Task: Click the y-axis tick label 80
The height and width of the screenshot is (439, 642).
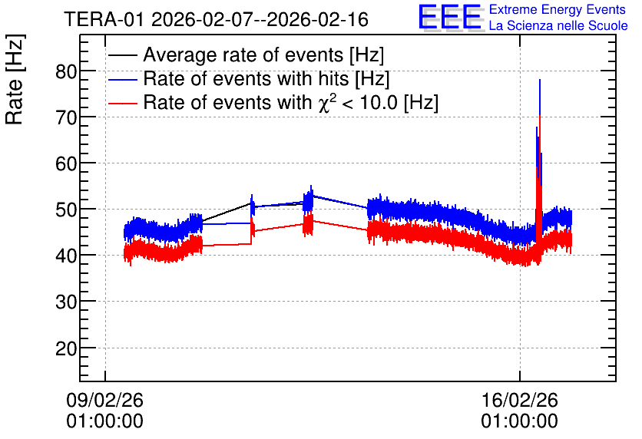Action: pos(66,71)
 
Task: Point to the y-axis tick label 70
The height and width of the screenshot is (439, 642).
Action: pos(66,118)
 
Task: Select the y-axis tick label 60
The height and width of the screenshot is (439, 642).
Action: pos(66,164)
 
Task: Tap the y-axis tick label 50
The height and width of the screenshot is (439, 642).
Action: pos(66,210)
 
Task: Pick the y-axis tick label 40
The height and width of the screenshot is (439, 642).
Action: pos(66,256)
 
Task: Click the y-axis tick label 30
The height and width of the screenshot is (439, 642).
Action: pos(66,302)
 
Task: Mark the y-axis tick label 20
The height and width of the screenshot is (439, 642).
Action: pos(66,348)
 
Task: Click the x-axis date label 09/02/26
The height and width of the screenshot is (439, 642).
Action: pos(104,400)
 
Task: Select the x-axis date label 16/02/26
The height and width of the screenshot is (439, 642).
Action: pos(520,400)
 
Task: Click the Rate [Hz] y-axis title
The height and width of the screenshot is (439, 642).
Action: pos(15,79)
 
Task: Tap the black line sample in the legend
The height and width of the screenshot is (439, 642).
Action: pos(122,55)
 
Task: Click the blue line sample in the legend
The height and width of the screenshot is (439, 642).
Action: pos(122,79)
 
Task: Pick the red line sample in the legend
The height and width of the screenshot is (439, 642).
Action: pos(122,103)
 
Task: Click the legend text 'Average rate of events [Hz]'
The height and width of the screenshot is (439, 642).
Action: pos(263,55)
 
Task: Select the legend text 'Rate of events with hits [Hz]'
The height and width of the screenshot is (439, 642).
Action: pos(266,79)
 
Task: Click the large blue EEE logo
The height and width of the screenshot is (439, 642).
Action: pos(449,17)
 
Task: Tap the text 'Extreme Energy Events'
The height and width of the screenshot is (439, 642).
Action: pos(558,9)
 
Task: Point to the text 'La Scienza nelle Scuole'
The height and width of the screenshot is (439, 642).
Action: pos(558,25)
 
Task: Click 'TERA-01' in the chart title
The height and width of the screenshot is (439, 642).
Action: pos(104,20)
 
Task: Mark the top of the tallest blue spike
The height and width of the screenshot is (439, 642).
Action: pos(540,79)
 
